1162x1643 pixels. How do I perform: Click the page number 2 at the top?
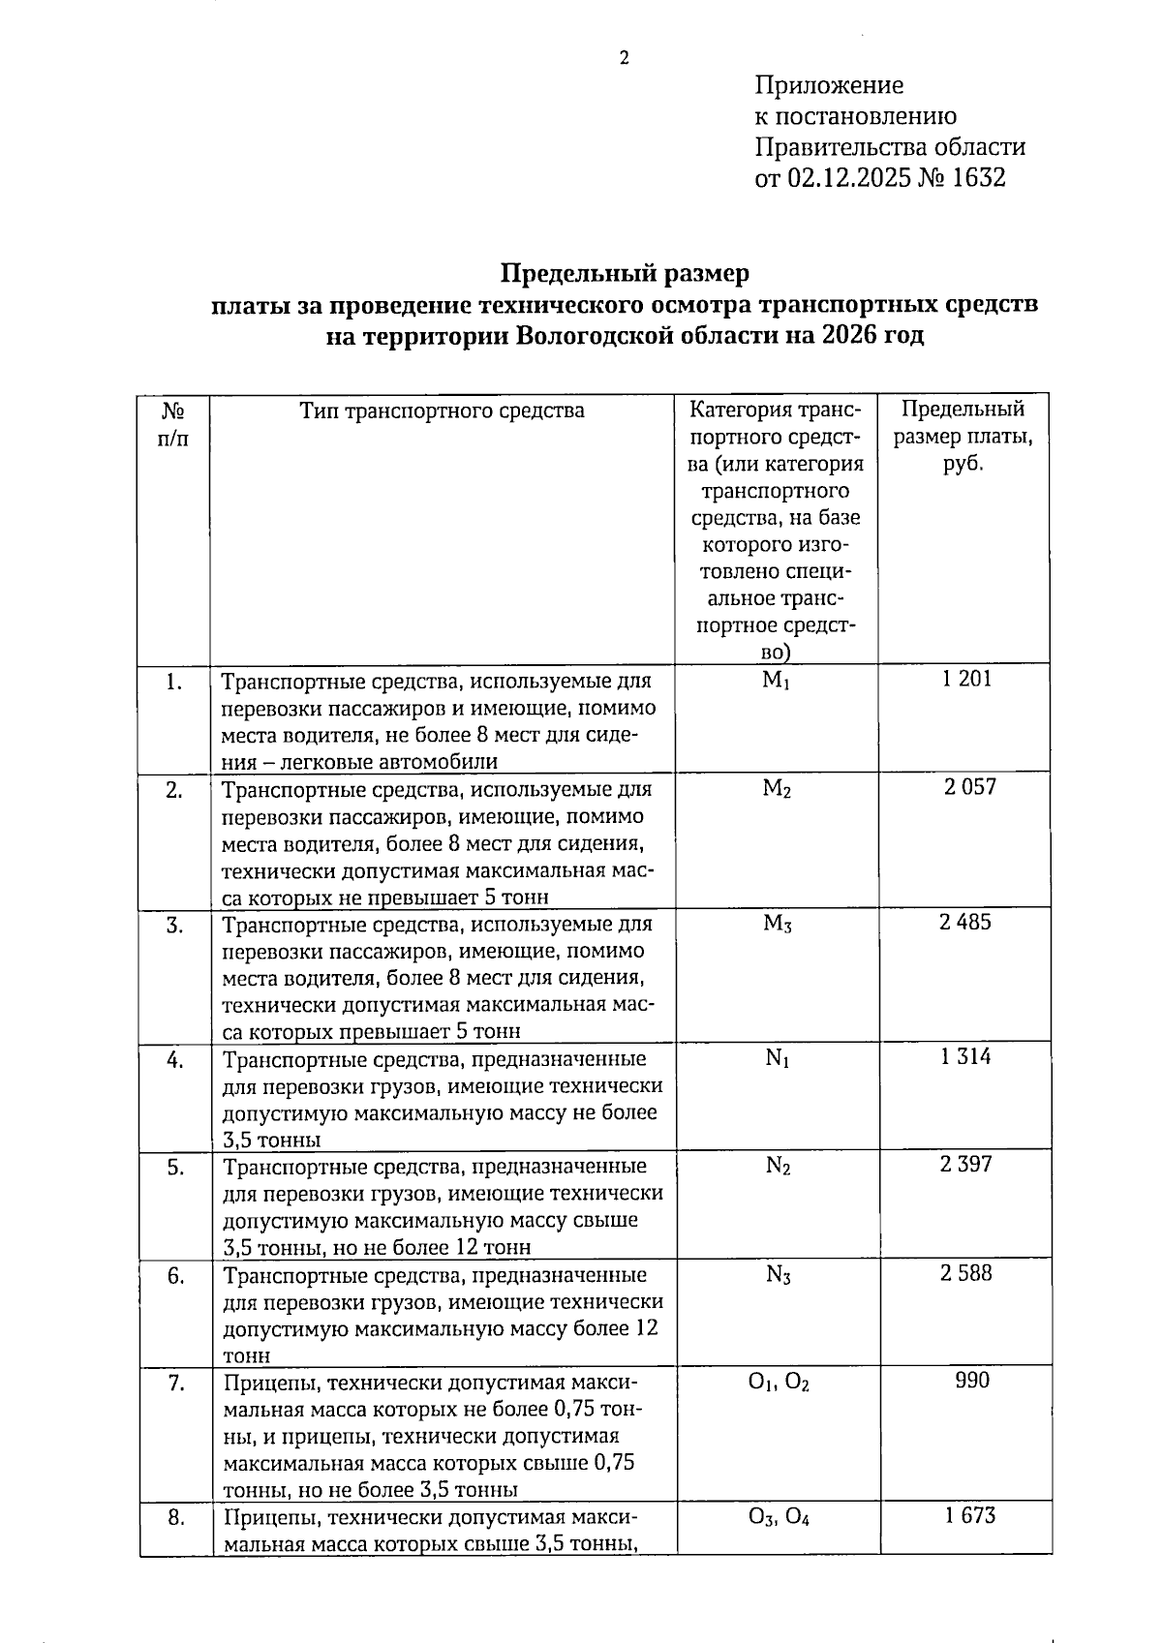(x=625, y=58)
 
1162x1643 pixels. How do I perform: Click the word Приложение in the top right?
(x=829, y=85)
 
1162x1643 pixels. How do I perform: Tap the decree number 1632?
(x=979, y=178)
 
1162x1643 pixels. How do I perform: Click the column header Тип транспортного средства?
(x=442, y=411)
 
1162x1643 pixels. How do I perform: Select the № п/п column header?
(x=173, y=423)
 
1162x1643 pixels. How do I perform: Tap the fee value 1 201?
(x=966, y=679)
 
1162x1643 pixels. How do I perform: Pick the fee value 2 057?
(x=969, y=787)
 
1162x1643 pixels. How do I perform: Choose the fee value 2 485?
(x=965, y=922)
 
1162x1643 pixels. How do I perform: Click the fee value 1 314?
(x=965, y=1056)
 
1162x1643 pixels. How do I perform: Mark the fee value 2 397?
(x=965, y=1164)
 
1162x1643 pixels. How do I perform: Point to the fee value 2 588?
(x=965, y=1273)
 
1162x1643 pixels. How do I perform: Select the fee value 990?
(x=972, y=1381)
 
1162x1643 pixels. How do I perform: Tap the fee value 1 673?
(x=969, y=1515)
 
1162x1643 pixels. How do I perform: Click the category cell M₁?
(x=777, y=681)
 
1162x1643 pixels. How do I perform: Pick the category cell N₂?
(x=778, y=1166)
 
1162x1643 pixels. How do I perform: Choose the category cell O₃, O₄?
(x=779, y=1517)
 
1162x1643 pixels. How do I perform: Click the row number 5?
(x=175, y=1168)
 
